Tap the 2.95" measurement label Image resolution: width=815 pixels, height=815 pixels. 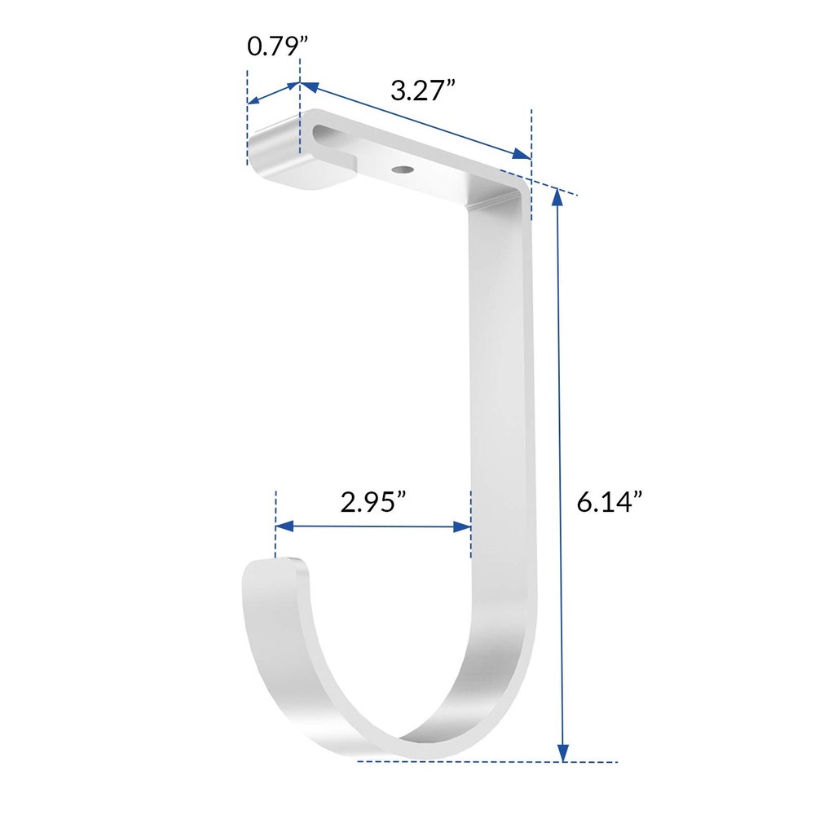click(374, 503)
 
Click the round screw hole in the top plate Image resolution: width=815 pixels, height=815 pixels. click(401, 170)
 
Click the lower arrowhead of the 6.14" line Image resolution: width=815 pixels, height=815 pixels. click(562, 753)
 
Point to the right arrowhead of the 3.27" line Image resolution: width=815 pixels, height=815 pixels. click(523, 156)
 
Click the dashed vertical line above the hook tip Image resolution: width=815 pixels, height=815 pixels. click(276, 522)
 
